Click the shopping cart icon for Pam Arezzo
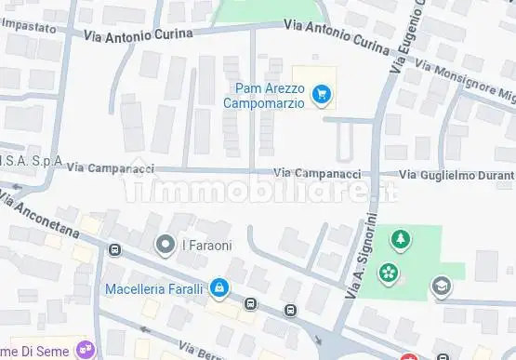[x=321, y=93]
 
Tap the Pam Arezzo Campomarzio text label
[x=264, y=96]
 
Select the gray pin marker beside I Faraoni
[x=166, y=245]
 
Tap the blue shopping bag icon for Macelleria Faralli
[x=218, y=288]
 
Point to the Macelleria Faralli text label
[x=154, y=288]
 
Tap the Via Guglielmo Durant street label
[x=456, y=175]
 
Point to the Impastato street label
[x=29, y=29]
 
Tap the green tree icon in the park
[x=401, y=240]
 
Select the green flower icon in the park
[x=389, y=273]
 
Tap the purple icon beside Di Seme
[x=86, y=349]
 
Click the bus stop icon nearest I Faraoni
[x=114, y=250]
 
